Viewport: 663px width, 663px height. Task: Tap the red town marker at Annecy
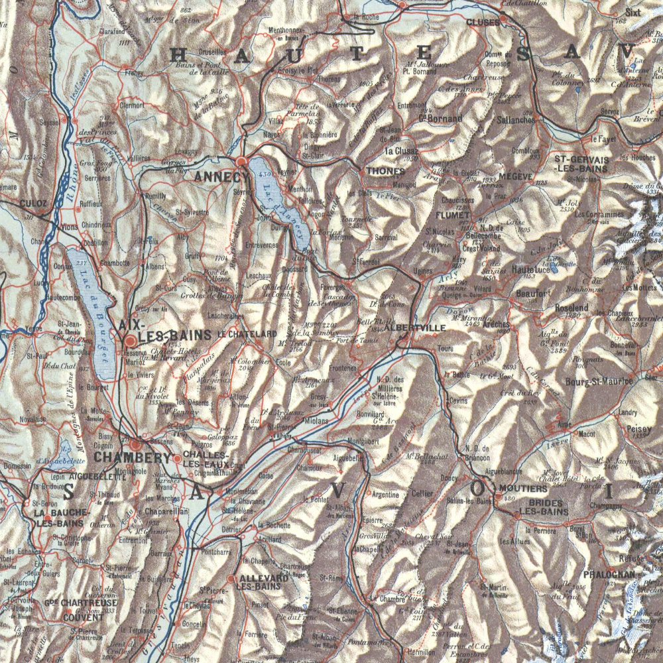click(241, 161)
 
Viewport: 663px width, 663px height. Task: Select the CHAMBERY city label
click(133, 457)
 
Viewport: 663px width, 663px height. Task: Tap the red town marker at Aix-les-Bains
click(131, 340)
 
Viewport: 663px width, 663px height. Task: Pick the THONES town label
click(381, 170)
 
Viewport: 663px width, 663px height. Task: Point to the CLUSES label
click(483, 23)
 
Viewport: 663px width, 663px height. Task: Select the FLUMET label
click(453, 215)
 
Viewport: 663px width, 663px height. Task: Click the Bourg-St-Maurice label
click(599, 381)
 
